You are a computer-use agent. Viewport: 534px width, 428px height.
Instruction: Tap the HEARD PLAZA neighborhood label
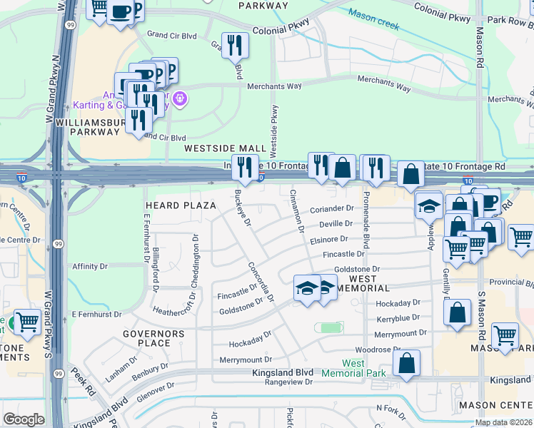(180, 205)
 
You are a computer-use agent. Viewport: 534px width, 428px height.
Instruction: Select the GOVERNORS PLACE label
(153, 338)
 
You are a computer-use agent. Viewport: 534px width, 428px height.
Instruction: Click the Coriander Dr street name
(332, 209)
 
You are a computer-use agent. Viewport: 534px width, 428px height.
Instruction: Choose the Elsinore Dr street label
(328, 240)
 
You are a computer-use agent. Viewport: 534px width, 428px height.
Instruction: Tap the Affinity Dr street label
(89, 266)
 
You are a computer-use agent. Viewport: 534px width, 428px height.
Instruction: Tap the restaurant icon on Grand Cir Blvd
(233, 45)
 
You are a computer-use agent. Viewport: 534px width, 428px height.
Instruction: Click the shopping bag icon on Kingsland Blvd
(406, 362)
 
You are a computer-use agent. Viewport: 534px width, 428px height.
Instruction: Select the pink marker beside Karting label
(179, 98)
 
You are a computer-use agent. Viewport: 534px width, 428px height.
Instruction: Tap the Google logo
(24, 419)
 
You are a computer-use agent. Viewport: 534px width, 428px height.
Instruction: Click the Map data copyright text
(503, 422)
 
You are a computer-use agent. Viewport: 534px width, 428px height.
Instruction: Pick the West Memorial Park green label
(353, 367)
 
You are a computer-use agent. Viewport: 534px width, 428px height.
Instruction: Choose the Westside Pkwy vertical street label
(274, 131)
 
